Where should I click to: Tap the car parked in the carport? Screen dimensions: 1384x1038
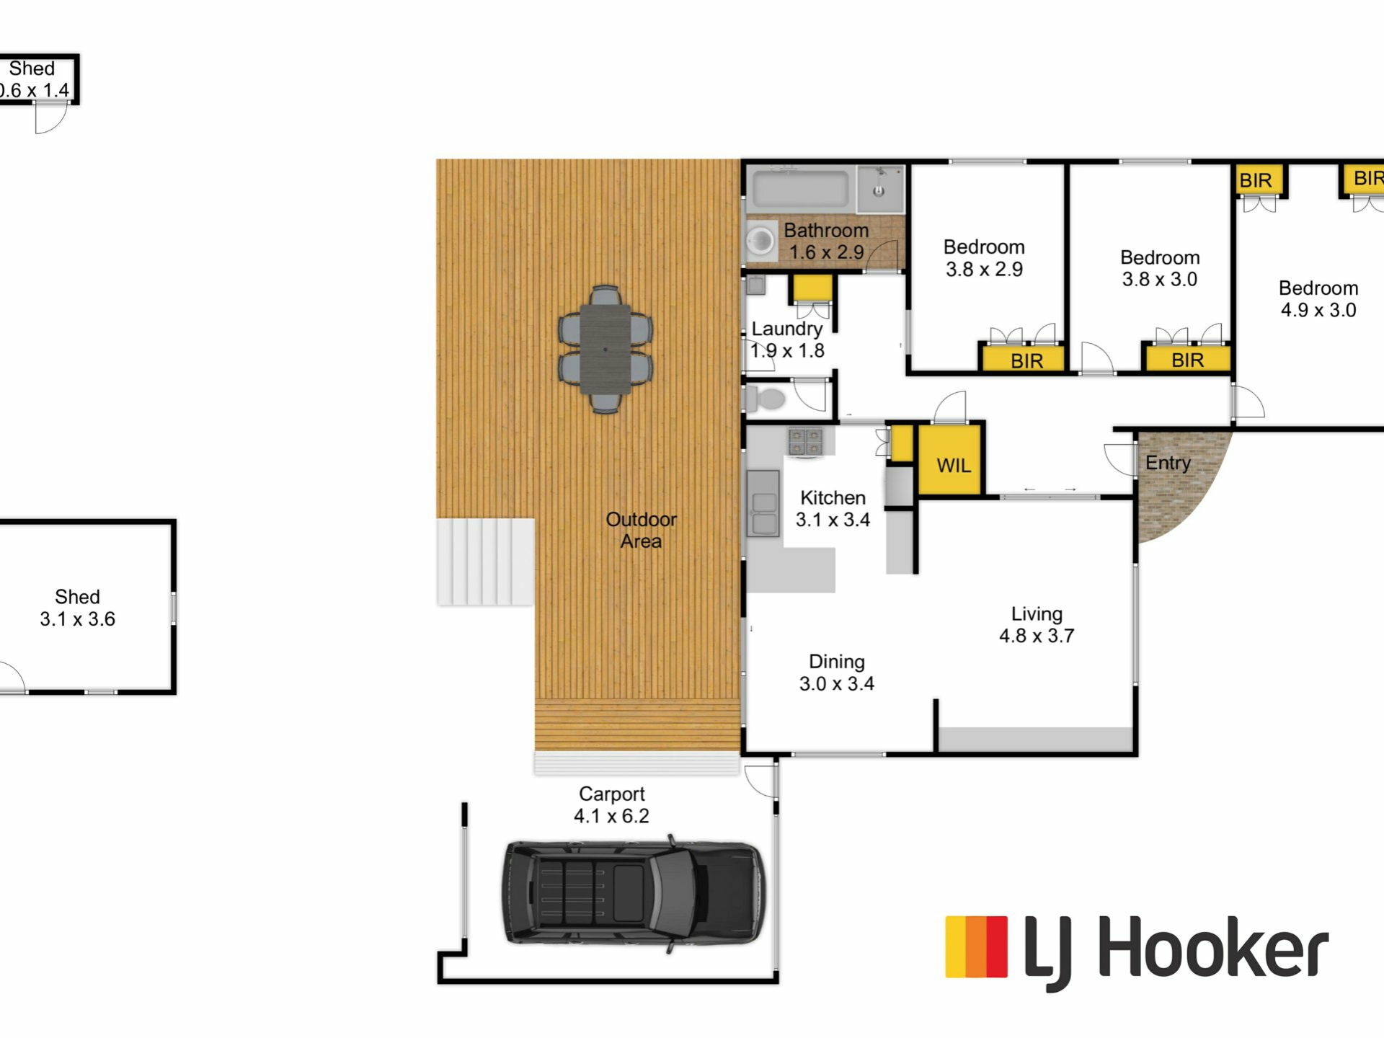[633, 892]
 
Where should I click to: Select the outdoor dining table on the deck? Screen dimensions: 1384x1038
[605, 350]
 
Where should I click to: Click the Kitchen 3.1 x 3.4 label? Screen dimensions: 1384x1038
[833, 508]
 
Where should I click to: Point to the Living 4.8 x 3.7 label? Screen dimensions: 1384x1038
[1037, 624]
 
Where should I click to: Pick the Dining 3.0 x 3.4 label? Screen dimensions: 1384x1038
[836, 673]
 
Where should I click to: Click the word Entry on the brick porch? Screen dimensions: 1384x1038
[1168, 463]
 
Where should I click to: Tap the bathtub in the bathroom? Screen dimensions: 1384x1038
[801, 188]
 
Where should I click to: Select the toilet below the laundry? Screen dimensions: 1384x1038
[766, 398]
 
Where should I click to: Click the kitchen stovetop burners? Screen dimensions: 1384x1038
[805, 441]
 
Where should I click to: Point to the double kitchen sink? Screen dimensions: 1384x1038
[763, 503]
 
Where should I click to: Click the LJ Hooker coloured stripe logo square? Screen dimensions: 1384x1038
[976, 947]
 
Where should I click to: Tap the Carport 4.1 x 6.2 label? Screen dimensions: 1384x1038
[611, 805]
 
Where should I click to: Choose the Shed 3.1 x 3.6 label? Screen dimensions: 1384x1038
[77, 608]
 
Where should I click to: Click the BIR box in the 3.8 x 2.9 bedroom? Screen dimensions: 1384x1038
[1023, 358]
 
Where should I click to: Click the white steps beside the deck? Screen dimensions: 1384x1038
[485, 562]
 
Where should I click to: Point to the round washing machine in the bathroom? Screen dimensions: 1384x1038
[760, 241]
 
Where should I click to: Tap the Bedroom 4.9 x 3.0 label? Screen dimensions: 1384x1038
[1318, 299]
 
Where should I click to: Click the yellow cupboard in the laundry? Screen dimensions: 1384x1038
[812, 288]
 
